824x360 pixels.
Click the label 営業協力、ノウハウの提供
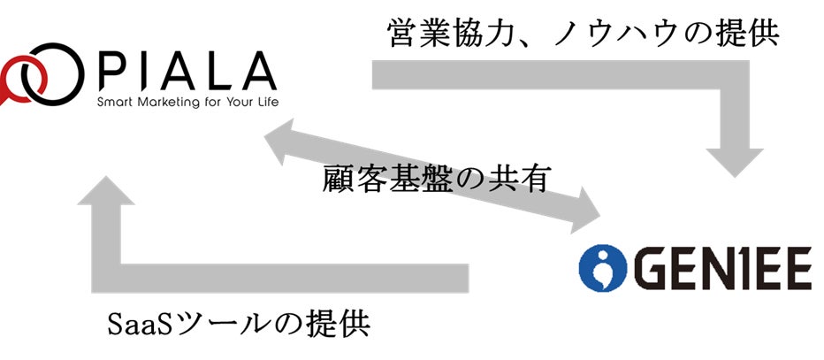(584, 34)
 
